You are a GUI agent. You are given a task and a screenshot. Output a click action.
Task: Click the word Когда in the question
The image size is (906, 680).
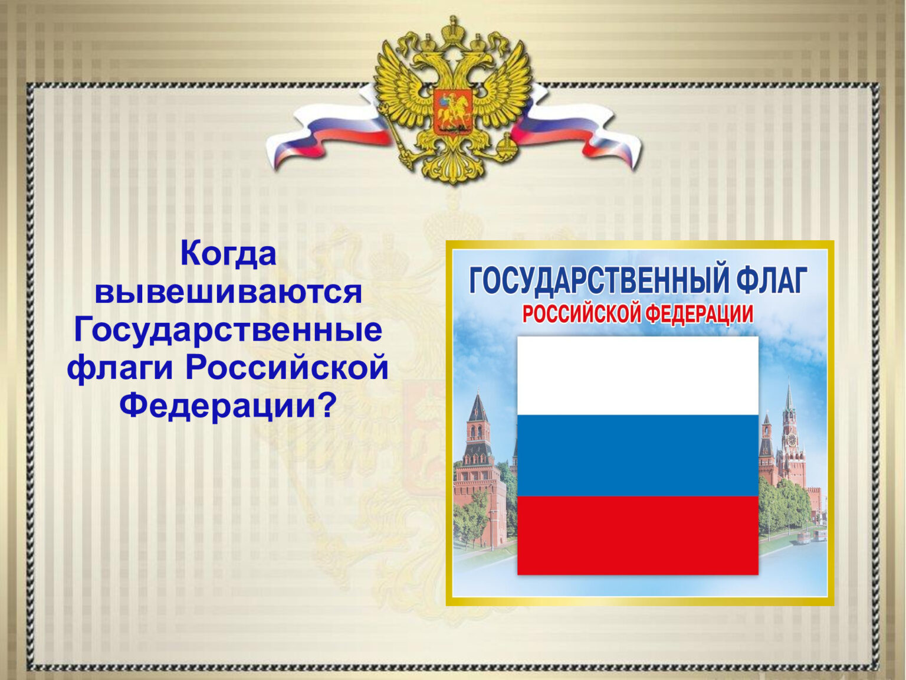(x=228, y=254)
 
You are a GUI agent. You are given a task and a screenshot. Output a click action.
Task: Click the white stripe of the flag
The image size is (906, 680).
(x=638, y=376)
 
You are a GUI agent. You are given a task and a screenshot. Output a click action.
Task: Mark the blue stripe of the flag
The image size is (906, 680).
(x=638, y=455)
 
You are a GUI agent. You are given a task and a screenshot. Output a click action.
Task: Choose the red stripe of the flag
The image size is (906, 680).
(x=638, y=535)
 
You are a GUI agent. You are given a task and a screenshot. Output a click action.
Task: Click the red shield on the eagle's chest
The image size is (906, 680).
(x=452, y=111)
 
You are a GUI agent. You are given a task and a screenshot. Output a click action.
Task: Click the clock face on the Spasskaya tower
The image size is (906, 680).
(x=791, y=440)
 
